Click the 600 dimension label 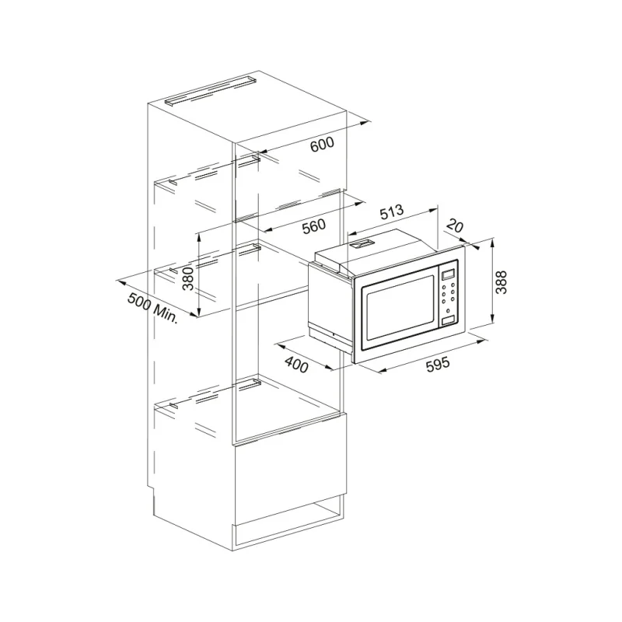tap(322, 145)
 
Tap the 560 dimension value tap(314, 226)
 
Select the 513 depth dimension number tap(392, 211)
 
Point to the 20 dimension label tap(455, 226)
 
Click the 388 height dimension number tap(501, 282)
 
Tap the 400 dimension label tap(297, 365)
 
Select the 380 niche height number tap(188, 278)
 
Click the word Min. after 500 tap(166, 313)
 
